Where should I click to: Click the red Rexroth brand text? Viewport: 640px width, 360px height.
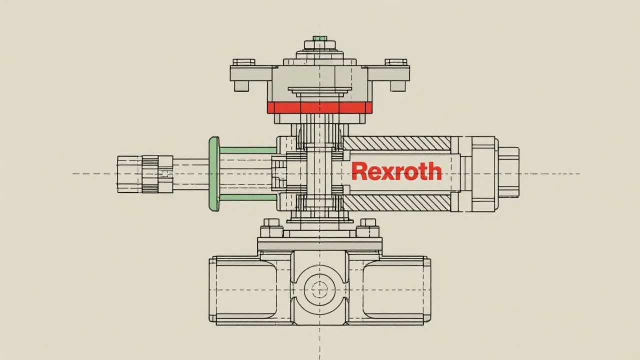click(x=396, y=171)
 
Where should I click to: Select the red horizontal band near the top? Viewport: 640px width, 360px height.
click(x=319, y=107)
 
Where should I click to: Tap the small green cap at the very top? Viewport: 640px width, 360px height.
click(x=319, y=38)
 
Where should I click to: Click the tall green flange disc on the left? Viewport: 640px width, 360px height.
click(x=214, y=173)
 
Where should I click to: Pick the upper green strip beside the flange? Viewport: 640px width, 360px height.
click(x=248, y=150)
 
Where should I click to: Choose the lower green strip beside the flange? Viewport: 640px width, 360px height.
click(x=248, y=197)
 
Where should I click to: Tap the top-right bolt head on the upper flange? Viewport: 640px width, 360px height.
click(x=396, y=62)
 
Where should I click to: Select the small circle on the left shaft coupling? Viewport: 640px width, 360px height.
click(x=165, y=173)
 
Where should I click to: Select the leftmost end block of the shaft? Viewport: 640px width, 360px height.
click(x=129, y=173)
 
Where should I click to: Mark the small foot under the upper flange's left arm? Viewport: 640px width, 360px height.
click(x=242, y=85)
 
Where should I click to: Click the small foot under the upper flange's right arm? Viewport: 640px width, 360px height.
click(x=397, y=85)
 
